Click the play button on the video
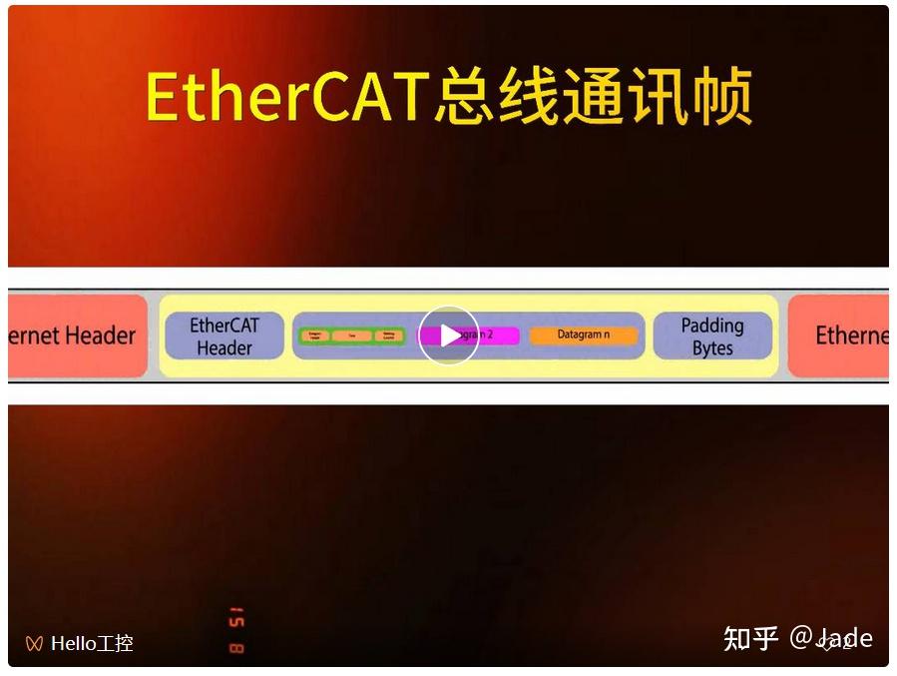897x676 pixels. [x=449, y=336]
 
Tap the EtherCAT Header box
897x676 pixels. [x=224, y=337]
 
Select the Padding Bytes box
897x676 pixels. [x=712, y=337]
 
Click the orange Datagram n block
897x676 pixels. [x=584, y=336]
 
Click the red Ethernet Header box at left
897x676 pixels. [x=76, y=336]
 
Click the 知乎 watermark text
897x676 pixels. [x=750, y=638]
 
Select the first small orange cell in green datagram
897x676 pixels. [x=314, y=337]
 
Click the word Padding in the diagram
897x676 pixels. [x=712, y=326]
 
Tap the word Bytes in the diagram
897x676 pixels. [x=712, y=348]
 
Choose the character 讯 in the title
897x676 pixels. [x=655, y=97]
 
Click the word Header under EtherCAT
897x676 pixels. [x=224, y=348]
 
